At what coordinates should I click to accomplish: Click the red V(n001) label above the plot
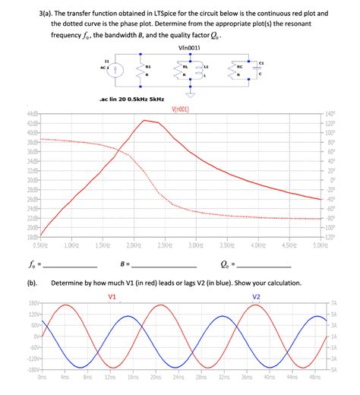[x=181, y=109]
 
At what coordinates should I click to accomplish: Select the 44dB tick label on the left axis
[x=33, y=114]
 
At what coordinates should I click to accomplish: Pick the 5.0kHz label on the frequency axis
[x=320, y=245]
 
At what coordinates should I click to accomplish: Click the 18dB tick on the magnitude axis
[x=33, y=237]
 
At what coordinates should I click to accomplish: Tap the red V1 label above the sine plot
[x=113, y=295]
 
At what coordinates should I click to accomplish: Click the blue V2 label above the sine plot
[x=256, y=295]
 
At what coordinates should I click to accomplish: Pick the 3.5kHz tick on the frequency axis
[x=226, y=245]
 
